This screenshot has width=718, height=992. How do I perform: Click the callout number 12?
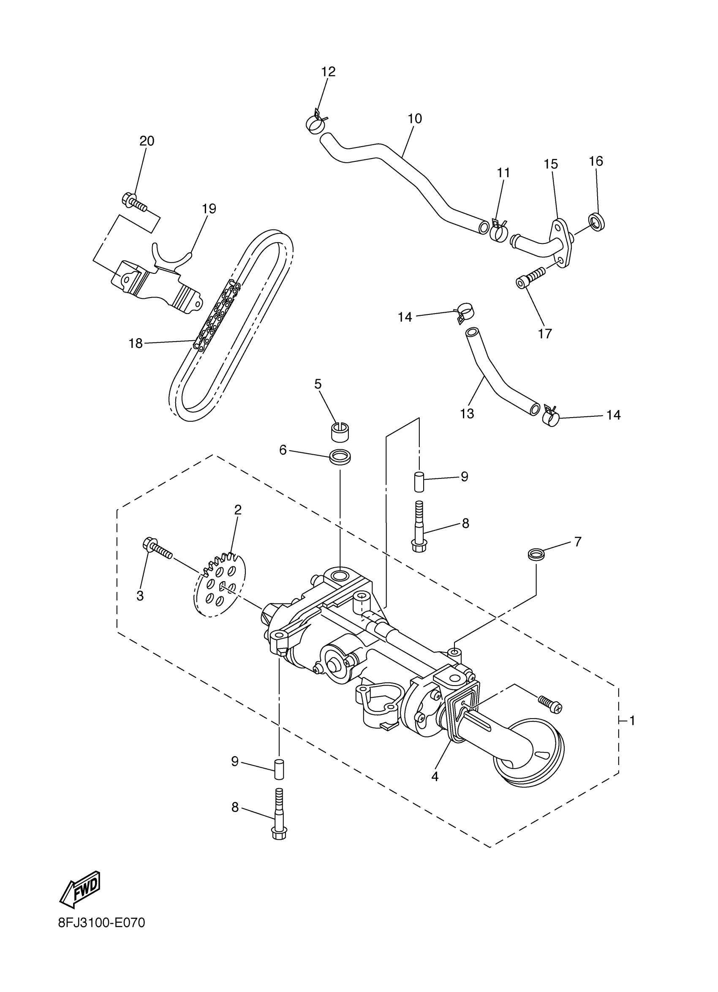(328, 72)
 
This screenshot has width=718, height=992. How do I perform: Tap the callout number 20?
(147, 141)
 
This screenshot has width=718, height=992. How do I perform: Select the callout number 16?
(596, 161)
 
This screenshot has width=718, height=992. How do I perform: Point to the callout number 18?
(136, 344)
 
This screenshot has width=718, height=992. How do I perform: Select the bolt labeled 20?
(133, 202)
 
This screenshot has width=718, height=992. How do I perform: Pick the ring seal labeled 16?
(597, 221)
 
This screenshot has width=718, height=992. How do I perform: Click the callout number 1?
(632, 720)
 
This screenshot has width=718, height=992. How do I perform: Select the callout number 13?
(467, 413)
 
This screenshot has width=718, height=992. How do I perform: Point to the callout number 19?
(209, 209)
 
